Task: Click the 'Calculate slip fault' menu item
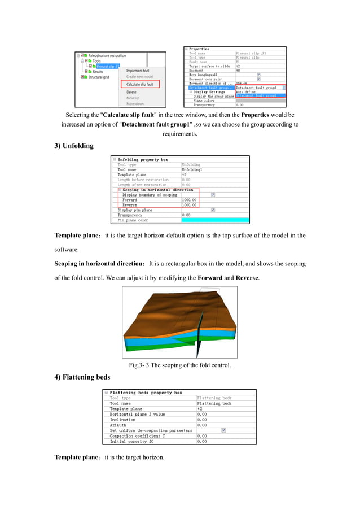click(x=139, y=84)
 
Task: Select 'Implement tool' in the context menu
click(x=138, y=71)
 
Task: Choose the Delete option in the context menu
click(x=131, y=92)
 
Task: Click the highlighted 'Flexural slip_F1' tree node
click(x=108, y=66)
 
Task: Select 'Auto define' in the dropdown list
click(x=246, y=92)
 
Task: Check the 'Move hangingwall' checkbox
click(x=258, y=75)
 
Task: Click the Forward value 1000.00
click(x=189, y=199)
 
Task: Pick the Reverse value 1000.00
click(x=189, y=204)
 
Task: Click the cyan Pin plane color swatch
click(x=214, y=220)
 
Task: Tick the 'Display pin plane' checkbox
click(x=213, y=210)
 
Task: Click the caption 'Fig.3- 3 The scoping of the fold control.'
click(x=180, y=365)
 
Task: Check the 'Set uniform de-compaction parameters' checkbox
click(x=224, y=430)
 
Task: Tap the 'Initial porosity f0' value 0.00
click(x=202, y=441)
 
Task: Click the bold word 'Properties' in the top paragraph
click(x=255, y=115)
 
